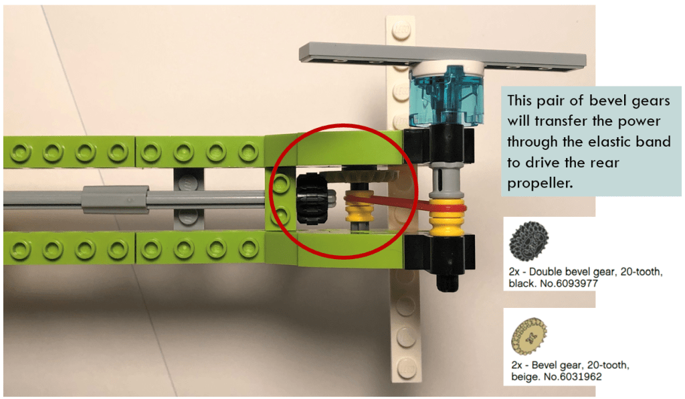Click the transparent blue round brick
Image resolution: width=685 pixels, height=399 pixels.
(446, 96)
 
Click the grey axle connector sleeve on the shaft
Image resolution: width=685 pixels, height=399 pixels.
(114, 199)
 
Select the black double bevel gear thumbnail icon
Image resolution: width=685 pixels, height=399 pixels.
(528, 241)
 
